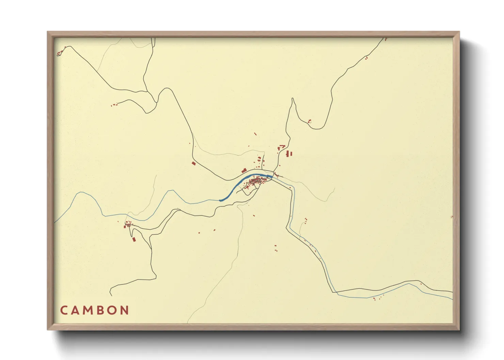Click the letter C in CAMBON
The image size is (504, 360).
pyautogui.click(x=64, y=310)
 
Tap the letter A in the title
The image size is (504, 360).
pyautogui.click(x=76, y=310)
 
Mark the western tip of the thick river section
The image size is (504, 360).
pyautogui.click(x=220, y=200)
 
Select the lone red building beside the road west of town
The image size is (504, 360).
pyautogui.click(x=194, y=164)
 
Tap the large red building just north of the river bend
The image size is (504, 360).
pyautogui.click(x=244, y=170)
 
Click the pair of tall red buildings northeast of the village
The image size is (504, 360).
pyautogui.click(x=289, y=154)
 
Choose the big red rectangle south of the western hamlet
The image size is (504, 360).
pyautogui.click(x=134, y=240)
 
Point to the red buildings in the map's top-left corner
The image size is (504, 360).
pyautogui.click(x=59, y=53)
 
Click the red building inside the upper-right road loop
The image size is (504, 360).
pyautogui.click(x=310, y=121)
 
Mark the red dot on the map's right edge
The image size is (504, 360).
pyautogui.click(x=452, y=216)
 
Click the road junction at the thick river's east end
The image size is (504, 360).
pyautogui.click(x=272, y=176)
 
